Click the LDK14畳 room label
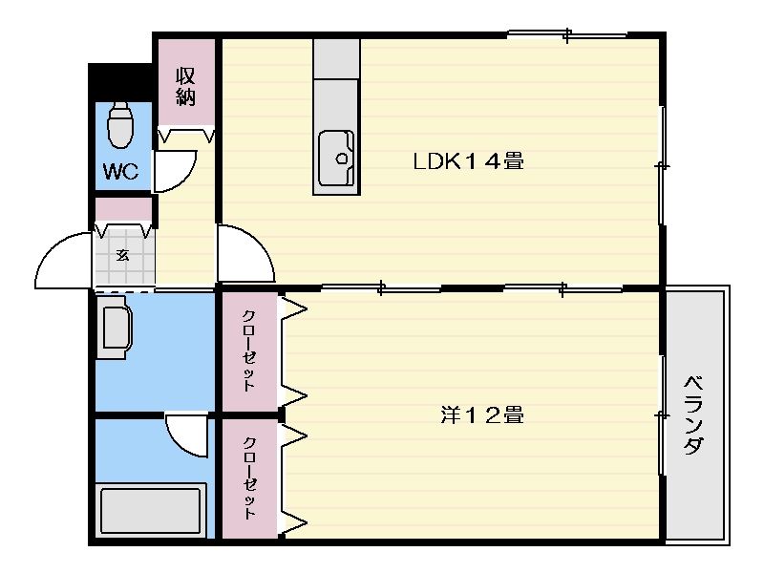pos(468,160)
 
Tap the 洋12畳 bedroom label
pos(482,415)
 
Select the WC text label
pos(120,171)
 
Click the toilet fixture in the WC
pos(120,125)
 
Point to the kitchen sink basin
pos(336,159)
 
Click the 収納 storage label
pos(185,87)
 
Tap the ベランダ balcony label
pos(694,415)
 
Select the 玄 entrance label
pos(122,255)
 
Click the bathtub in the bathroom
pos(151,510)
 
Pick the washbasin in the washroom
pos(115,328)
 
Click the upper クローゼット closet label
pos(248,350)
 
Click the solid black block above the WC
pos(120,82)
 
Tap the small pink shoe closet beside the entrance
pos(123,209)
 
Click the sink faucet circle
pos(342,159)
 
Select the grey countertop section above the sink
pos(337,58)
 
